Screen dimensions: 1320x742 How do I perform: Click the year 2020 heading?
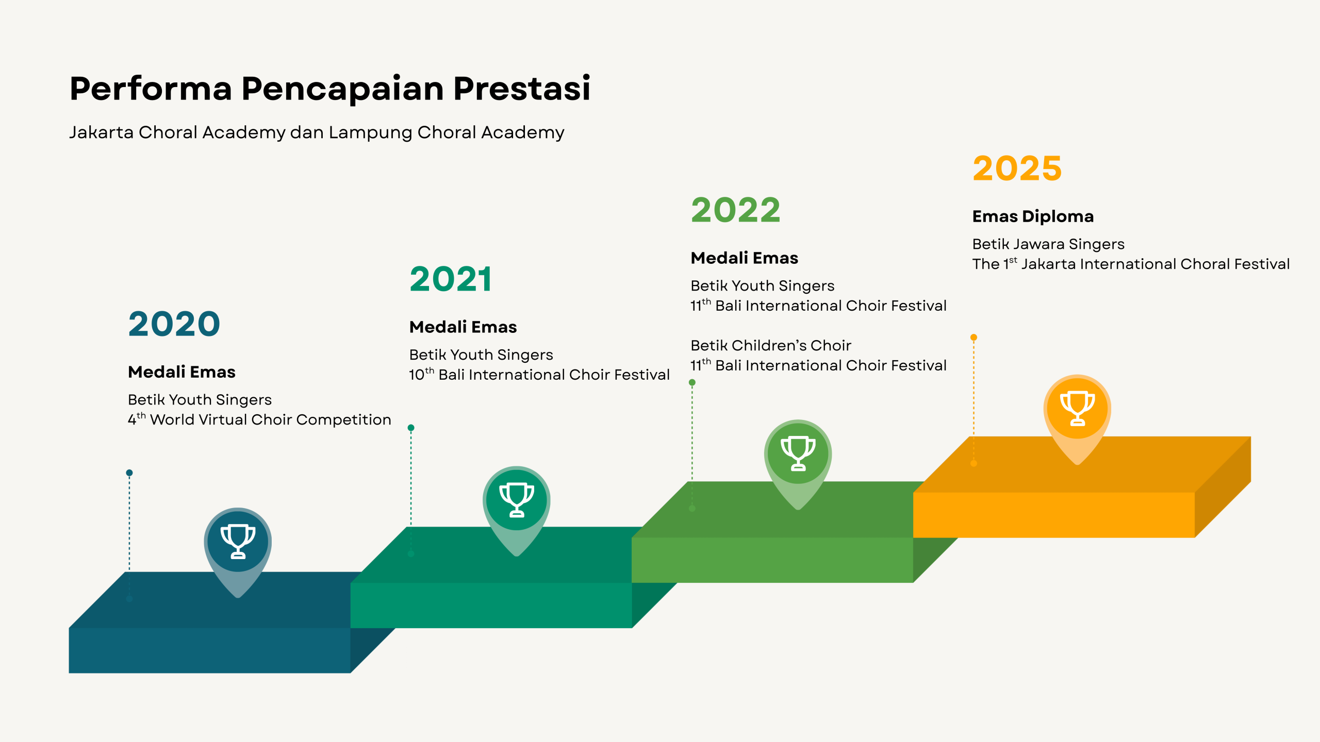click(x=174, y=324)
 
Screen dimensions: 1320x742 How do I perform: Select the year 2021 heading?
click(x=451, y=279)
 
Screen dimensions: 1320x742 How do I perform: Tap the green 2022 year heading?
click(x=736, y=210)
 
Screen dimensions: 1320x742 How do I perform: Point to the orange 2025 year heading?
click(x=1017, y=168)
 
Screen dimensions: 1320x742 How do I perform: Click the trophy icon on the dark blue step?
click(x=238, y=541)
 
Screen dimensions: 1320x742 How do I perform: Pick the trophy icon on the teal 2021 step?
click(x=517, y=500)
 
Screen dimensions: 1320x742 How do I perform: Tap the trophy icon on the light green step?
click(x=798, y=453)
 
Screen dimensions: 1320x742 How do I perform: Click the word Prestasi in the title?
click(x=522, y=88)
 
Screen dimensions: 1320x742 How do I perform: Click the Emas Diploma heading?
click(x=1033, y=216)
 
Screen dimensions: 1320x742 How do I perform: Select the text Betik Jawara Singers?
click(x=1048, y=244)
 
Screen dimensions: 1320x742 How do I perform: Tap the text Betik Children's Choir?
click(x=771, y=345)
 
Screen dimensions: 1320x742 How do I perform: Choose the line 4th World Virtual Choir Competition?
click(x=259, y=419)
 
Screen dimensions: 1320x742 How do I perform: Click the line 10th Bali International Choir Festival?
click(x=539, y=374)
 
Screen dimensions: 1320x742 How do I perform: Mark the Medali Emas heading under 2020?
click(x=181, y=372)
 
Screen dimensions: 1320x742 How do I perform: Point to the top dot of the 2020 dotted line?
click(x=129, y=473)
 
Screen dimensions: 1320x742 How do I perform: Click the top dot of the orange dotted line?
click(x=973, y=338)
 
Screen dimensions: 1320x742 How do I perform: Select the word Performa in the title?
click(x=151, y=88)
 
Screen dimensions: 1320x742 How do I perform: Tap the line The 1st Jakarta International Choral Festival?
click(x=1131, y=264)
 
